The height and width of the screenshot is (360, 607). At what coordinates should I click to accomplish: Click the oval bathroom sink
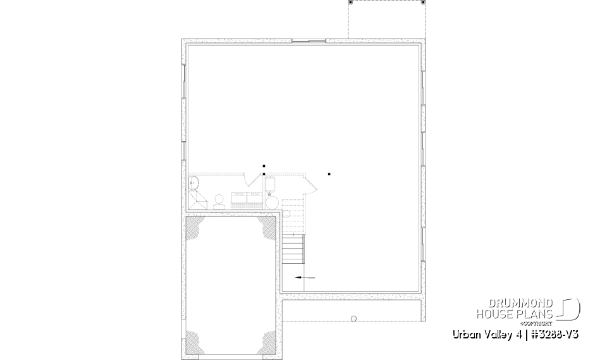tap(194, 183)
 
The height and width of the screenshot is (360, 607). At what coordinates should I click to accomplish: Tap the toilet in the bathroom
tap(219, 201)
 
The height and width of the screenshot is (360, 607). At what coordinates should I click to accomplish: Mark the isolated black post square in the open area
tap(329, 174)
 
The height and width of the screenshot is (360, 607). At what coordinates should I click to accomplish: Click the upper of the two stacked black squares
tap(264, 166)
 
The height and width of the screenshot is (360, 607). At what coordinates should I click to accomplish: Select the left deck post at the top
tap(350, 3)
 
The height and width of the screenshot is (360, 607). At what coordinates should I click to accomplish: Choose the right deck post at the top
tap(423, 3)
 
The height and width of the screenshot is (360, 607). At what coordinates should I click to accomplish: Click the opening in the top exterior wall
tap(309, 42)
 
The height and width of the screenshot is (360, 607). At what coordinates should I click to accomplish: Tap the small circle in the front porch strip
tap(354, 318)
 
